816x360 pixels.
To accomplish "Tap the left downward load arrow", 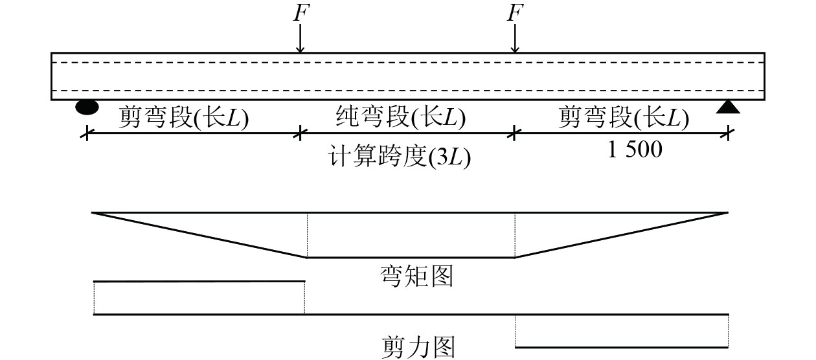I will point(299,40).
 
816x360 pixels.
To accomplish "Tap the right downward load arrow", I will point(515,40).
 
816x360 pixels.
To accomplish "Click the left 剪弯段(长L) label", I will point(183,118).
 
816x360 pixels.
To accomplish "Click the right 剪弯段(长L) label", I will point(623,118).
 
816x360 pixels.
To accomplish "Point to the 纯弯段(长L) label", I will point(400,118).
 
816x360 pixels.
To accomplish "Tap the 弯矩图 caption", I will point(416,276).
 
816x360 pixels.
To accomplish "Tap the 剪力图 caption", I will point(416,346).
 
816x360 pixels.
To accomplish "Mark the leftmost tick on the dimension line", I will point(85,133).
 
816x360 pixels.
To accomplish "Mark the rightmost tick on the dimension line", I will point(729,133).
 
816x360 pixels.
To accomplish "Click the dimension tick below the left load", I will point(299,133).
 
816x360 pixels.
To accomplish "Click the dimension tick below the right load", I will point(514,133).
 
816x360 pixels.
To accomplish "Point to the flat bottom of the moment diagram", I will point(411,258).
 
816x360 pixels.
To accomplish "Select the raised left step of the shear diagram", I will point(199,282).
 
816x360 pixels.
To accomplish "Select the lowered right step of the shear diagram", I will point(622,348).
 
